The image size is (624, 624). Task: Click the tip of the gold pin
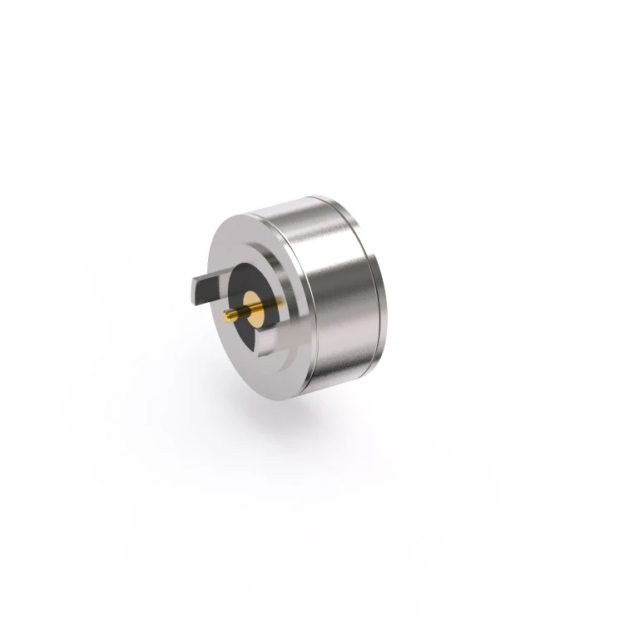tap(226, 314)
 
